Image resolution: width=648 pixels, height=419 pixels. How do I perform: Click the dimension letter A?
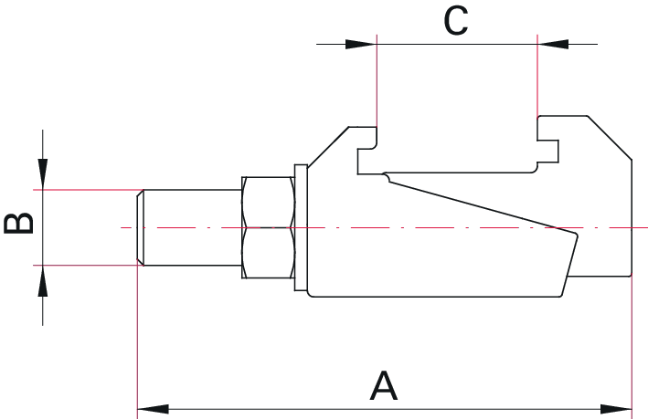pyautogui.click(x=384, y=386)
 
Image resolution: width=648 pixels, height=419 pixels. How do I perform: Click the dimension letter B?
pyautogui.click(x=18, y=224)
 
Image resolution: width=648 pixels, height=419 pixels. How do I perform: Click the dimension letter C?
pyautogui.click(x=456, y=21)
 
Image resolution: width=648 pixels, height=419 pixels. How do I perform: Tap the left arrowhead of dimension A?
pyautogui.click(x=153, y=409)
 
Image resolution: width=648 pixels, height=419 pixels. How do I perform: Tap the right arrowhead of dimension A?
pyautogui.click(x=616, y=409)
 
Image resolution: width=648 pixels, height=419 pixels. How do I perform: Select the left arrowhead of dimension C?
pyautogui.click(x=361, y=44)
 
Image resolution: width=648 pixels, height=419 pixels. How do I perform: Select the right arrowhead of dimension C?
pyautogui.click(x=553, y=44)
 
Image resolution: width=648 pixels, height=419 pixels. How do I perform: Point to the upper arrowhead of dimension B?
pyautogui.click(x=43, y=174)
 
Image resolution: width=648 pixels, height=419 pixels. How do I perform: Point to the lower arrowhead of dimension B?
pyautogui.click(x=43, y=281)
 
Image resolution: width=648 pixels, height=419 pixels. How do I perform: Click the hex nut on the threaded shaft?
pyautogui.click(x=268, y=227)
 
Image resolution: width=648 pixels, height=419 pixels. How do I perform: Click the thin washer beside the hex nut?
pyautogui.click(x=301, y=227)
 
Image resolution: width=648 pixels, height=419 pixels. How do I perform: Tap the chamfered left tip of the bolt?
pyautogui.click(x=140, y=227)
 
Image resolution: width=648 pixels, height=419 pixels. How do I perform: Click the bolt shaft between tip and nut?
pyautogui.click(x=193, y=227)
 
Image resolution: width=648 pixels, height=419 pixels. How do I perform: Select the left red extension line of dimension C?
pyautogui.click(x=377, y=80)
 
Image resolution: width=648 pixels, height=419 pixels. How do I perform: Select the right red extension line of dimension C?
pyautogui.click(x=537, y=76)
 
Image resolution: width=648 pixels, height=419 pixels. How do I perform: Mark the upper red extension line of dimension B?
pyautogui.click(x=89, y=190)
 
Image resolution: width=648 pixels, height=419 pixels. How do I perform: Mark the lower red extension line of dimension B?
pyautogui.click(x=89, y=265)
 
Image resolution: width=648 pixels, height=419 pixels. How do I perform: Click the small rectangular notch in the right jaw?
pyautogui.click(x=548, y=152)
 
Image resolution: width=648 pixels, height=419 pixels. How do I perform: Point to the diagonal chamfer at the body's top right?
pyautogui.click(x=610, y=138)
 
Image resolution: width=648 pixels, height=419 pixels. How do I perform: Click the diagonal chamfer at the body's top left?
pyautogui.click(x=328, y=147)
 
